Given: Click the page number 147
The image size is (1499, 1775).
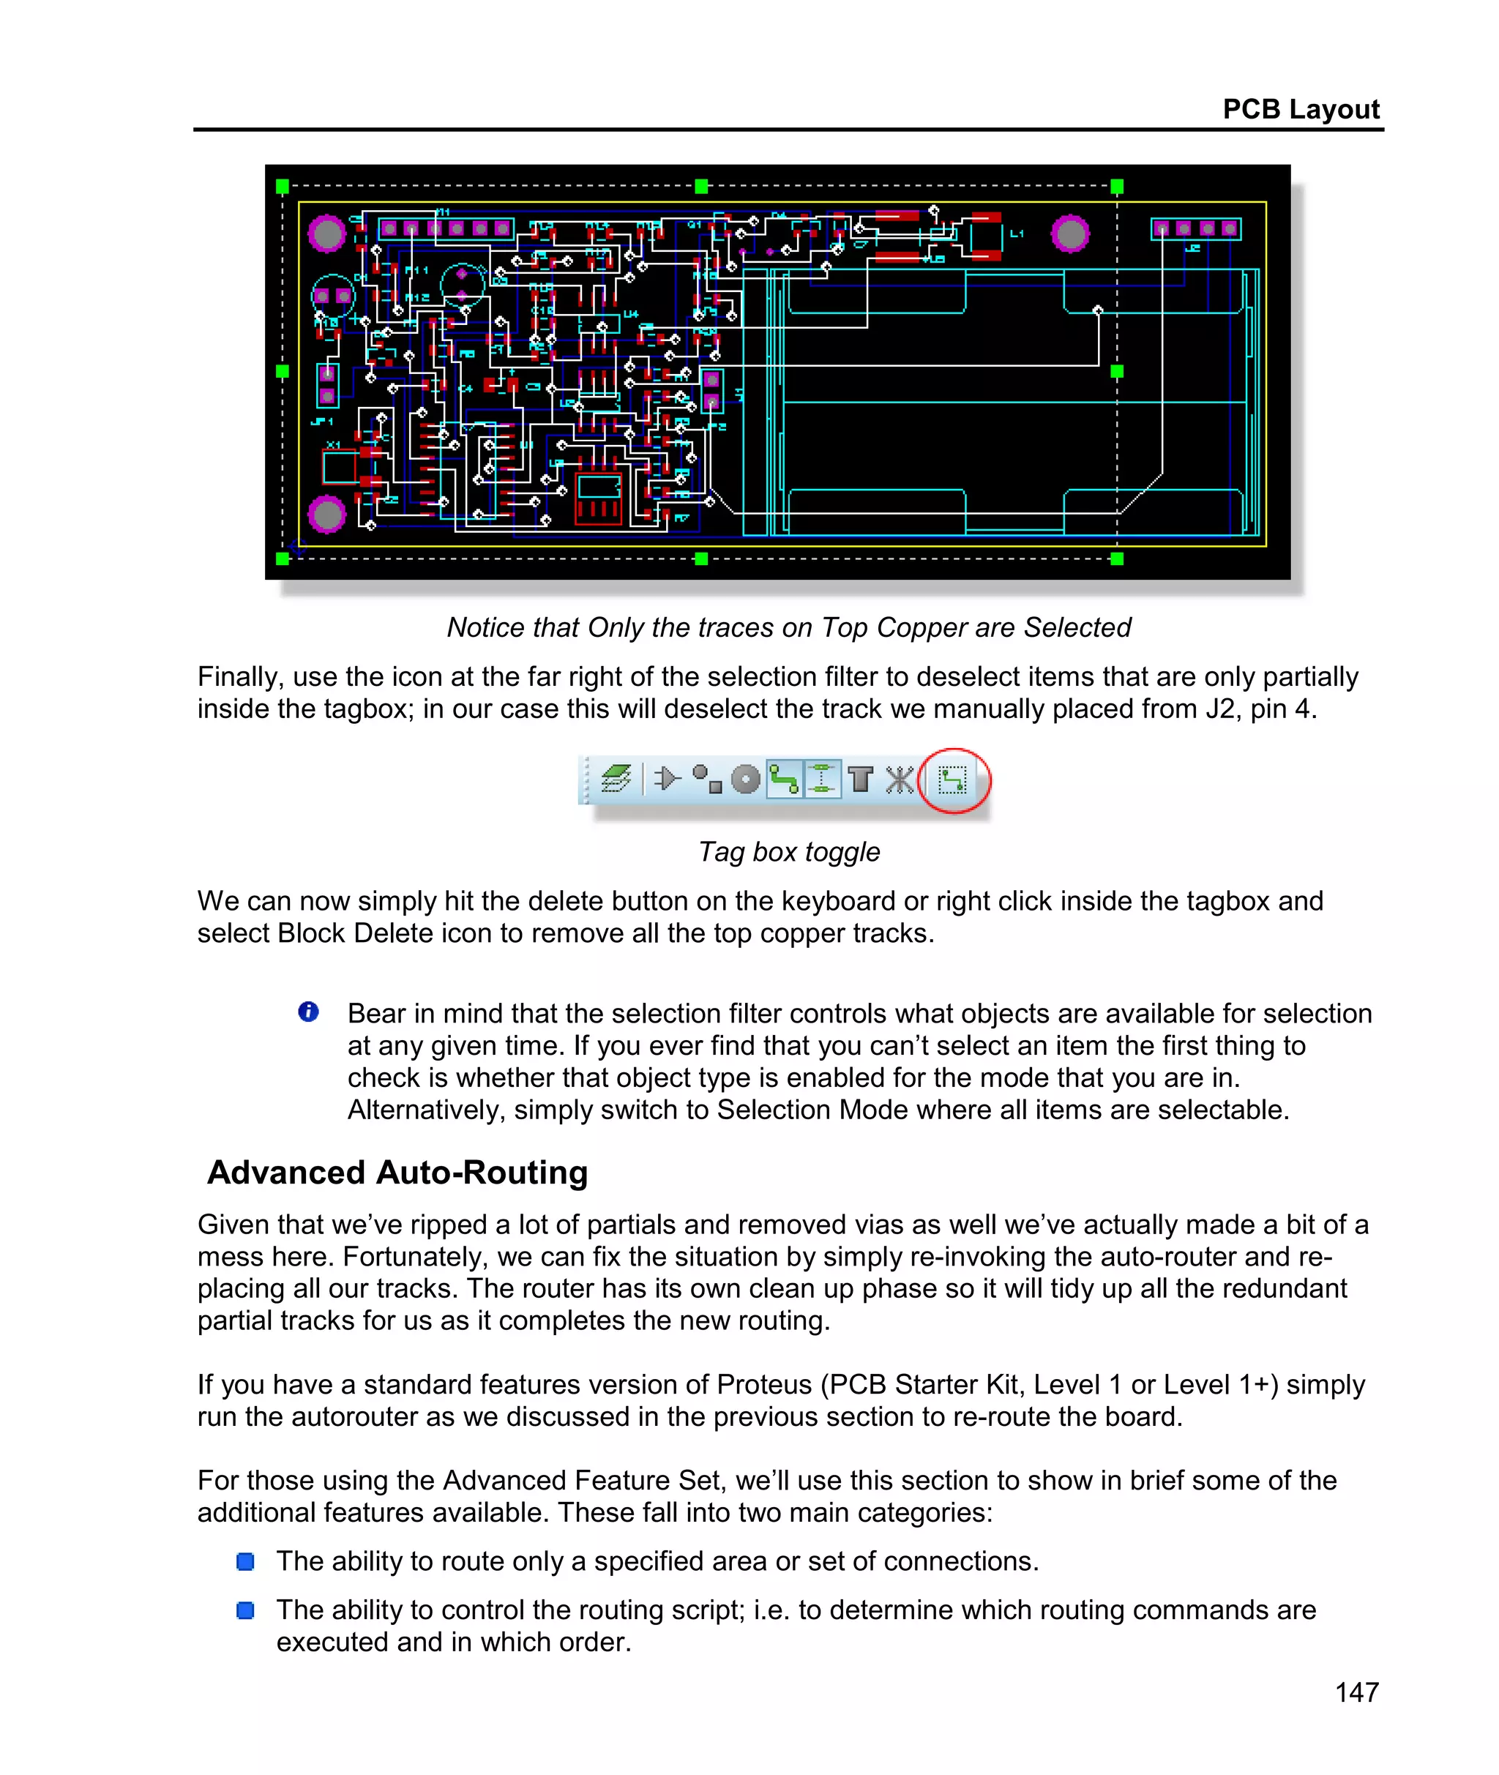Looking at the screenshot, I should (1356, 1692).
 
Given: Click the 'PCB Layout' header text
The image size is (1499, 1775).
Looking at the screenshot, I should (1300, 110).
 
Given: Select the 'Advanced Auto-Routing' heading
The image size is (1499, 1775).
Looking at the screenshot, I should (397, 1173).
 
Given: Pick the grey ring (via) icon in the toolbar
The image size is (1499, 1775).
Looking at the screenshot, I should (745, 779).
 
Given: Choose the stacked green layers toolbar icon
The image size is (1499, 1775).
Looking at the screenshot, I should (616, 778).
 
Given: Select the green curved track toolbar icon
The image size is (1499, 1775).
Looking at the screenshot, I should (783, 779).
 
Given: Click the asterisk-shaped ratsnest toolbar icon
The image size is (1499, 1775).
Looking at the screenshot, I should (899, 779).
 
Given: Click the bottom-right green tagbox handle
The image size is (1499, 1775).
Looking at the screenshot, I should (1117, 558).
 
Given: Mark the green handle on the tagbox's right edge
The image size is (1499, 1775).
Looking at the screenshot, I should (1117, 371).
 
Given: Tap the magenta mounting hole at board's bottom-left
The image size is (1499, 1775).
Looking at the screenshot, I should (327, 513).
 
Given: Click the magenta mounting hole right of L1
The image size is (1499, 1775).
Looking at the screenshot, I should (1070, 233).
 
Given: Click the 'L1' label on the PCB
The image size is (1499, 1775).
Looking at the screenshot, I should (1017, 233).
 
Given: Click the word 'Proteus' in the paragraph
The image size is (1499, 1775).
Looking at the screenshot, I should (764, 1384).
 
